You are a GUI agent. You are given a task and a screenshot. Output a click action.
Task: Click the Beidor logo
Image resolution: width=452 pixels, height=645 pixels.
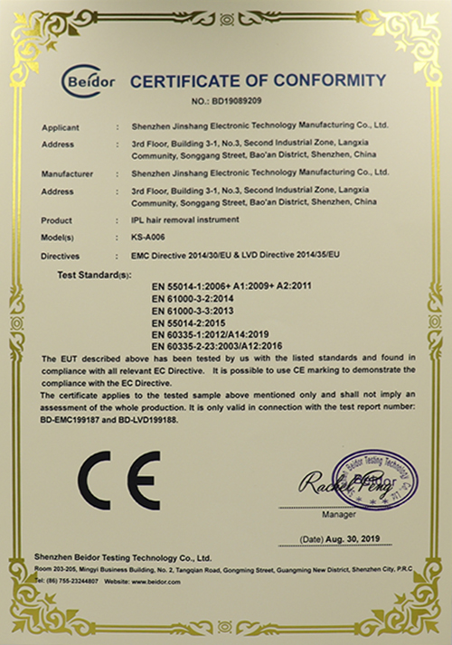tap(88, 81)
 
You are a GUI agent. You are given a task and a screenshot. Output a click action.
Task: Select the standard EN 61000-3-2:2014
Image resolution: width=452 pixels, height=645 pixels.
tap(192, 295)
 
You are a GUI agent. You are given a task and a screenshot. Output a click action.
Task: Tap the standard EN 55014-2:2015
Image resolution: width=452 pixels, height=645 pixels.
tap(187, 321)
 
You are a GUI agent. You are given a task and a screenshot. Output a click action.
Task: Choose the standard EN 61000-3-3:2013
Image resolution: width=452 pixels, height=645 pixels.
tap(192, 308)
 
